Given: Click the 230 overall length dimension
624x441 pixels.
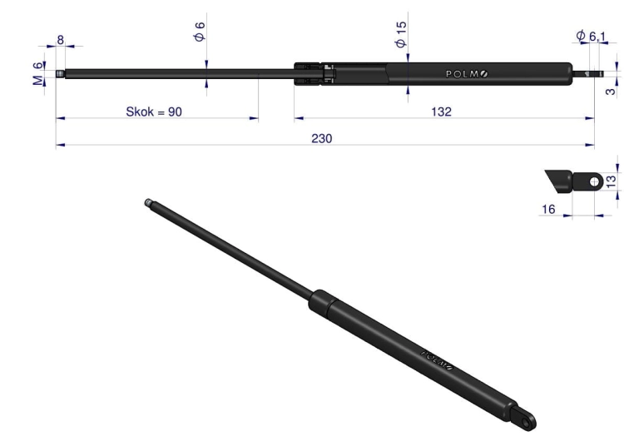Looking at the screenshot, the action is pyautogui.click(x=321, y=138).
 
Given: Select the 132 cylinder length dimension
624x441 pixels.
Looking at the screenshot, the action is pyautogui.click(x=441, y=111).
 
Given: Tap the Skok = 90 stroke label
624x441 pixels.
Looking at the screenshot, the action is pyautogui.click(x=154, y=111).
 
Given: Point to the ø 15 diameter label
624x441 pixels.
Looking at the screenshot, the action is pyautogui.click(x=401, y=35).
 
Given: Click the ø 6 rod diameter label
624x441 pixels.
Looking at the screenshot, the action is pyautogui.click(x=200, y=32).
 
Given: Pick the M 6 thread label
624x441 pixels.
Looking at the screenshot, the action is pyautogui.click(x=37, y=73).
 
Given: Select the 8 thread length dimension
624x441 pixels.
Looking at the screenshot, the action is pyautogui.click(x=61, y=40).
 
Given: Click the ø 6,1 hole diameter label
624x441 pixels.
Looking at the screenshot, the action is pyautogui.click(x=591, y=36).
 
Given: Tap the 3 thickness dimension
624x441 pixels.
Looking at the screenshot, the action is pyautogui.click(x=611, y=92).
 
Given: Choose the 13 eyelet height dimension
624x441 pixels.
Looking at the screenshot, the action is pyautogui.click(x=611, y=181).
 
